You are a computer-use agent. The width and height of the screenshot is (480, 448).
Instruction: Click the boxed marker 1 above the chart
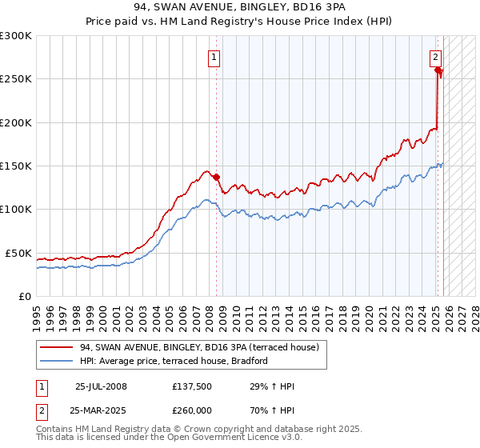[x=215, y=57]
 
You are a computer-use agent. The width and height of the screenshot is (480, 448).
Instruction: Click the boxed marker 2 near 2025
[x=435, y=57]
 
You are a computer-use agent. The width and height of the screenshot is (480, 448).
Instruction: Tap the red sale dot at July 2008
[x=216, y=177]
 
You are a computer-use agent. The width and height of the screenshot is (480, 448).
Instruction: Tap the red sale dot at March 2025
[x=438, y=70]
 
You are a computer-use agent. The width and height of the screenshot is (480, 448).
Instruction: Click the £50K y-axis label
[x=18, y=253]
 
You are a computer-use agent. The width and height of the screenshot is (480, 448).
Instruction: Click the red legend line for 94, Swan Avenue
[x=56, y=347]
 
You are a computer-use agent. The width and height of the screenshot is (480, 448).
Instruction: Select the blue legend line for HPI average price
[x=56, y=361]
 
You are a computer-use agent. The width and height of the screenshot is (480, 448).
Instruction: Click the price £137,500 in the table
[x=192, y=386]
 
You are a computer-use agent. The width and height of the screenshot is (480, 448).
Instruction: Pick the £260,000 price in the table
[x=192, y=410]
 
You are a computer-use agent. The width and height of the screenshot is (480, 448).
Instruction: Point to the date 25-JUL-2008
[x=101, y=386]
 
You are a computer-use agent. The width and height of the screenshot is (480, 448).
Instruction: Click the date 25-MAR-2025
[x=101, y=410]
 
